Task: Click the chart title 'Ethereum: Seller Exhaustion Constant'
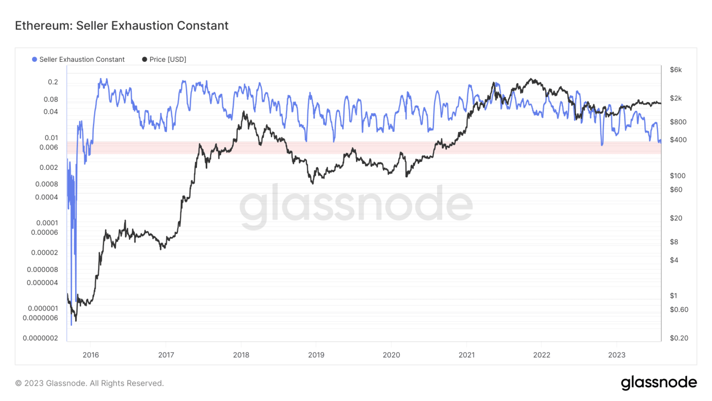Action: tap(121, 26)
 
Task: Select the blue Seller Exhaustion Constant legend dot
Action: tap(34, 59)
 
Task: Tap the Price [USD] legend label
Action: tap(167, 59)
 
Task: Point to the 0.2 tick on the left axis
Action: tap(53, 82)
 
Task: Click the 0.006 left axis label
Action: tap(49, 148)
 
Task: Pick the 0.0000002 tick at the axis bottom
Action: tap(40, 338)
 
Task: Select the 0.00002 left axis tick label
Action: tap(44, 253)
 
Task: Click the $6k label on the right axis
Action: tap(675, 70)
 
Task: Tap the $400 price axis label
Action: tap(678, 140)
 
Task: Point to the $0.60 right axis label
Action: tap(679, 310)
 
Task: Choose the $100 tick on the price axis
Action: tap(677, 176)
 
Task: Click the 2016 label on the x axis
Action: tap(91, 355)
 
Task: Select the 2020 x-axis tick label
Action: tap(391, 355)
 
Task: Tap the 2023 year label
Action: tap(617, 355)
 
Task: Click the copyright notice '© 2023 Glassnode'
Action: tap(89, 383)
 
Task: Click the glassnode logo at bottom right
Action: tap(659, 382)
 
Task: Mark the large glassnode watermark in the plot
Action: tap(356, 205)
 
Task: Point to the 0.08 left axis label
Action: tap(51, 99)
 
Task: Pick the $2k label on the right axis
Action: tap(675, 98)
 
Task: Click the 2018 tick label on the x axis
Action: tap(241, 355)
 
